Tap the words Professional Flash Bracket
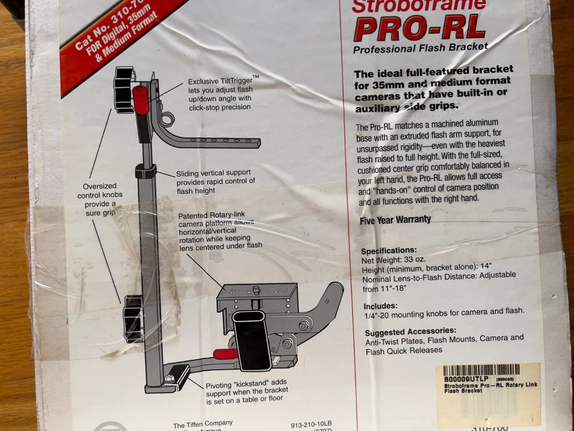(x=420, y=48)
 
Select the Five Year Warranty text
(x=395, y=219)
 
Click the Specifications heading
(x=389, y=251)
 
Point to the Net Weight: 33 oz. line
(x=393, y=259)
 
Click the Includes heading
(x=380, y=306)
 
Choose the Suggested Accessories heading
(x=410, y=330)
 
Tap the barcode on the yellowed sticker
(x=482, y=370)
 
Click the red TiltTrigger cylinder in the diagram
(x=141, y=99)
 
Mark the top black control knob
(x=123, y=87)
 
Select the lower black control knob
(x=133, y=318)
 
